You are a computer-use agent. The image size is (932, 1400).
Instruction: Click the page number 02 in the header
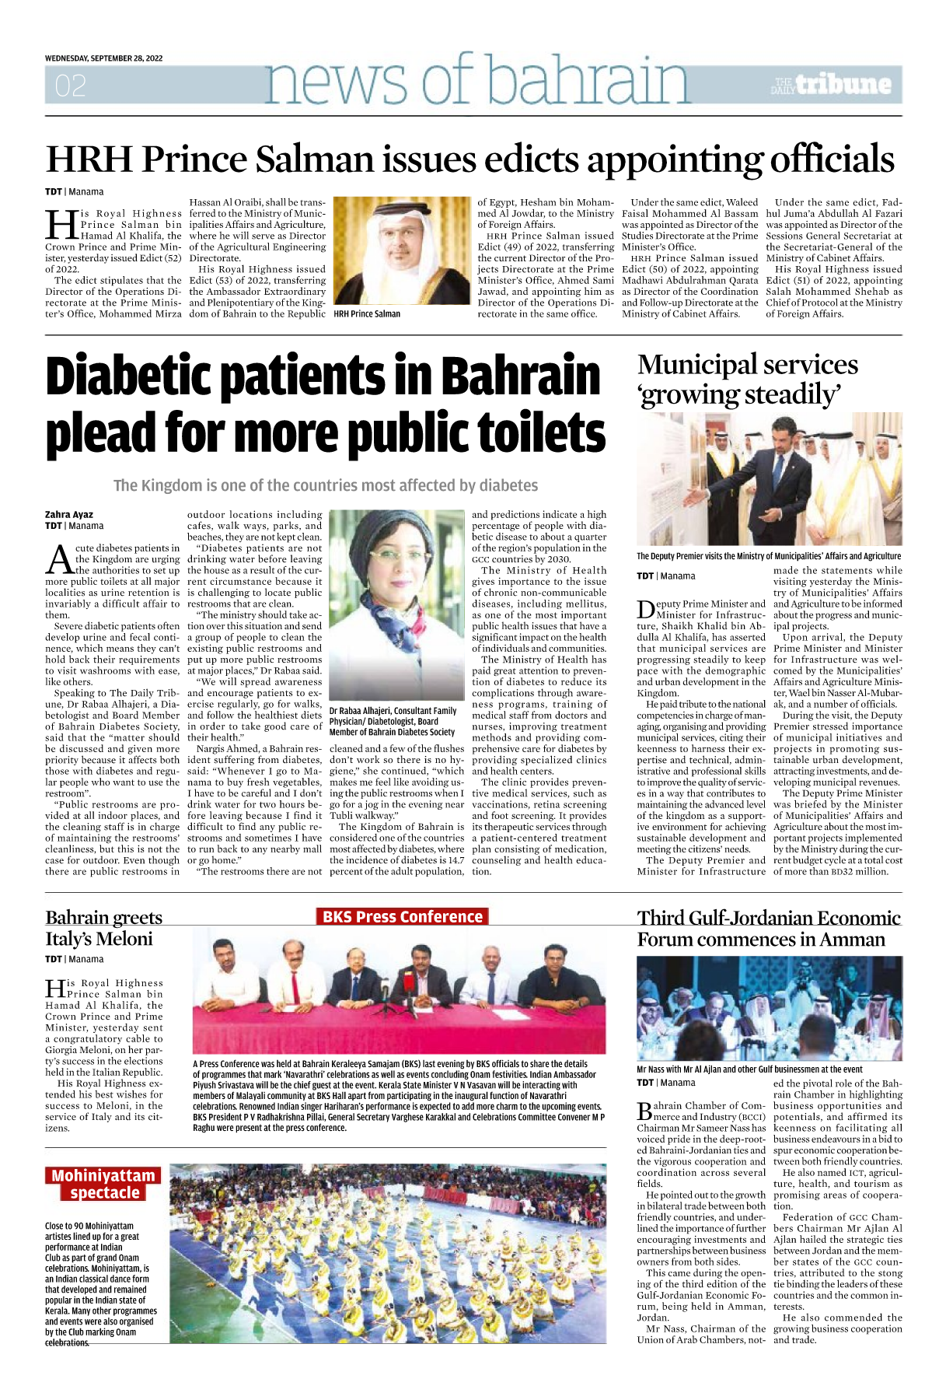pyautogui.click(x=70, y=86)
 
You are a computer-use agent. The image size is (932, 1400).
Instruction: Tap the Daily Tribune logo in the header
pyautogui.click(x=831, y=85)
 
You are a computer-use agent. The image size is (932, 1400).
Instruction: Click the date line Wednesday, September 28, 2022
pyautogui.click(x=103, y=58)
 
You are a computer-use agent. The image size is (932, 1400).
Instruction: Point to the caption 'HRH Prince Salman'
pyautogui.click(x=367, y=314)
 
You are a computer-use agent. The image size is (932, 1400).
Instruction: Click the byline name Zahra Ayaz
pyautogui.click(x=69, y=515)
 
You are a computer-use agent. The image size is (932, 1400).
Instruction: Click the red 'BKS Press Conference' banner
pyautogui.click(x=402, y=917)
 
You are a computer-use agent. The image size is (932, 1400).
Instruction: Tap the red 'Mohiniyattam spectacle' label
pyautogui.click(x=103, y=1184)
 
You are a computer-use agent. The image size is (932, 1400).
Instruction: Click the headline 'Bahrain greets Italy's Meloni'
pyautogui.click(x=103, y=928)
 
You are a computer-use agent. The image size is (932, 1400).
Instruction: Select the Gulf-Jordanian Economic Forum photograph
pyautogui.click(x=769, y=1007)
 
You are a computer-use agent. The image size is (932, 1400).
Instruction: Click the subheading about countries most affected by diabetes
pyautogui.click(x=325, y=485)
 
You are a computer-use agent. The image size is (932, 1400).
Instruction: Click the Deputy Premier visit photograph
pyautogui.click(x=769, y=479)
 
